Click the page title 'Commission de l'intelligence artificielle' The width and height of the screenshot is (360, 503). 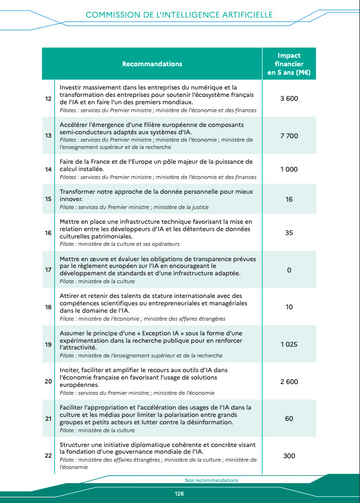(x=179, y=14)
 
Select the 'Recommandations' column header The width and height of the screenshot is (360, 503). (x=152, y=64)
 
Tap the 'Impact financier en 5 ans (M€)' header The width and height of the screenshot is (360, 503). (x=289, y=64)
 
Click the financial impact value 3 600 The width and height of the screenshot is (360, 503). (x=289, y=99)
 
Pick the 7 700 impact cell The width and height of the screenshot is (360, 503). (x=289, y=136)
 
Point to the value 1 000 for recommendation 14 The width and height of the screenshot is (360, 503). (x=289, y=169)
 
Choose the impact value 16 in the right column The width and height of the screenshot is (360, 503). (x=289, y=199)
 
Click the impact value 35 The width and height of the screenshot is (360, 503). (x=289, y=232)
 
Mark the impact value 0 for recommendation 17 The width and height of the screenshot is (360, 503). (x=289, y=270)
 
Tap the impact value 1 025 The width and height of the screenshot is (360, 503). (x=289, y=344)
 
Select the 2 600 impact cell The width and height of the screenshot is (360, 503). (x=289, y=382)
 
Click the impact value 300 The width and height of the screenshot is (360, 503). (x=289, y=456)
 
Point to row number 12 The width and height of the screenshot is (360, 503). (x=48, y=99)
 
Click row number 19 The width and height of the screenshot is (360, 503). (x=48, y=344)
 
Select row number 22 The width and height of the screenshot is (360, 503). (x=48, y=456)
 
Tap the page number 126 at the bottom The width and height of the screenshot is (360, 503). (x=179, y=493)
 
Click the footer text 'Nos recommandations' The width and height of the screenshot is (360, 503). (x=211, y=480)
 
